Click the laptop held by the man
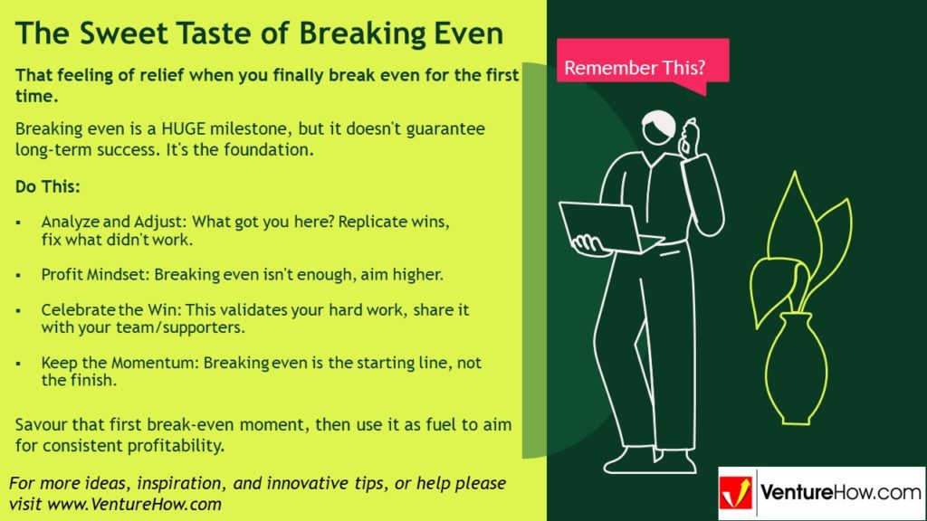tap(602, 228)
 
